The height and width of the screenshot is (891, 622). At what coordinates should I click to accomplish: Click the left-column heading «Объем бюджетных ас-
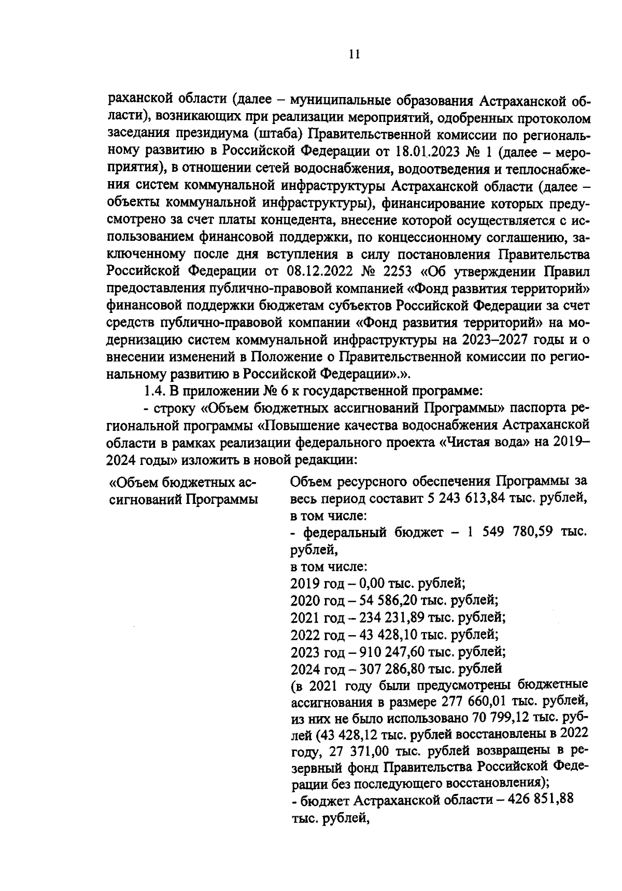click(182, 483)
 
